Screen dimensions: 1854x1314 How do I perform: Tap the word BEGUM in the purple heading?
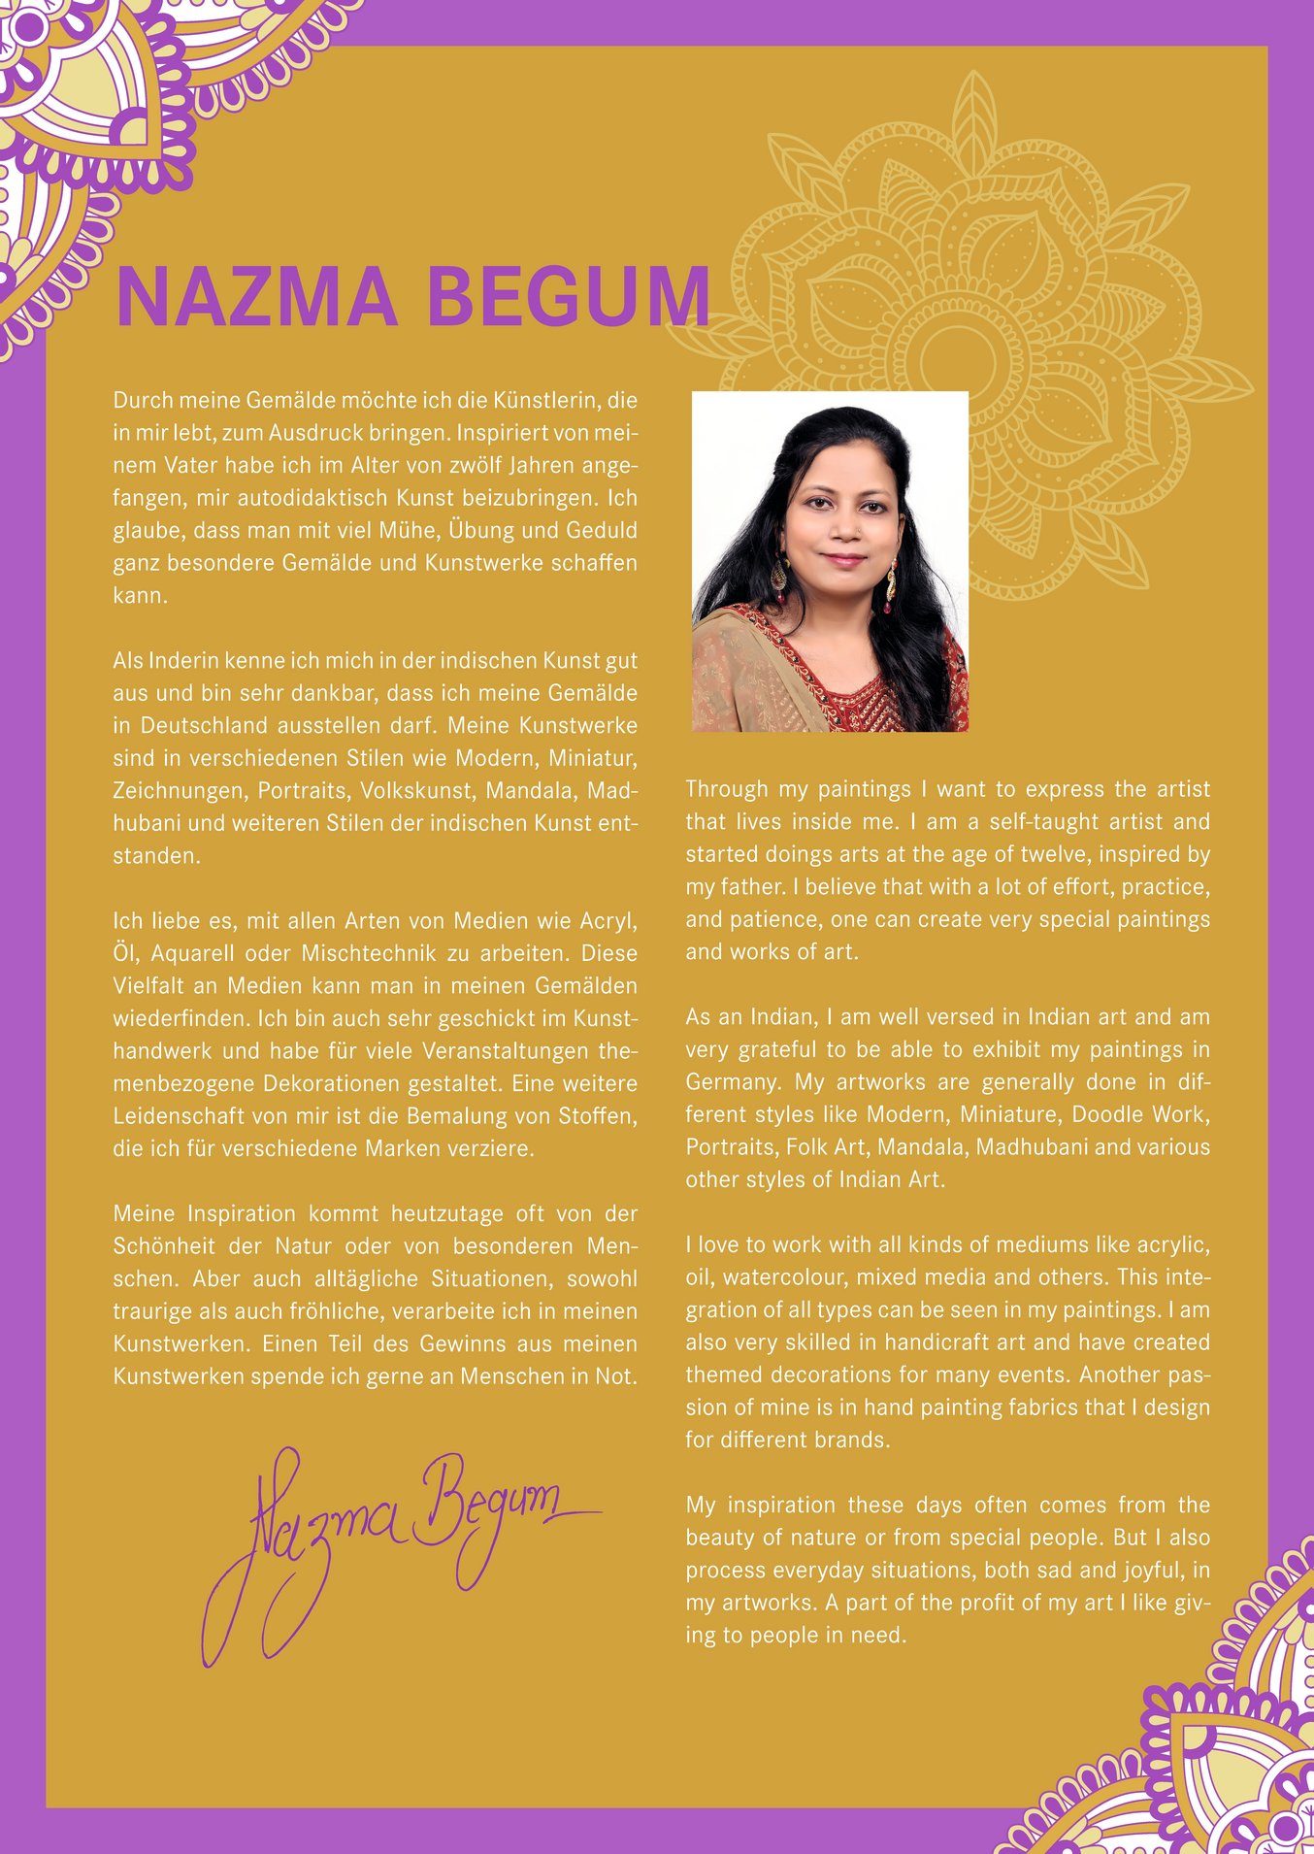pos(569,296)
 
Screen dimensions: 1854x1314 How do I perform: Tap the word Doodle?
pos(1104,1114)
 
